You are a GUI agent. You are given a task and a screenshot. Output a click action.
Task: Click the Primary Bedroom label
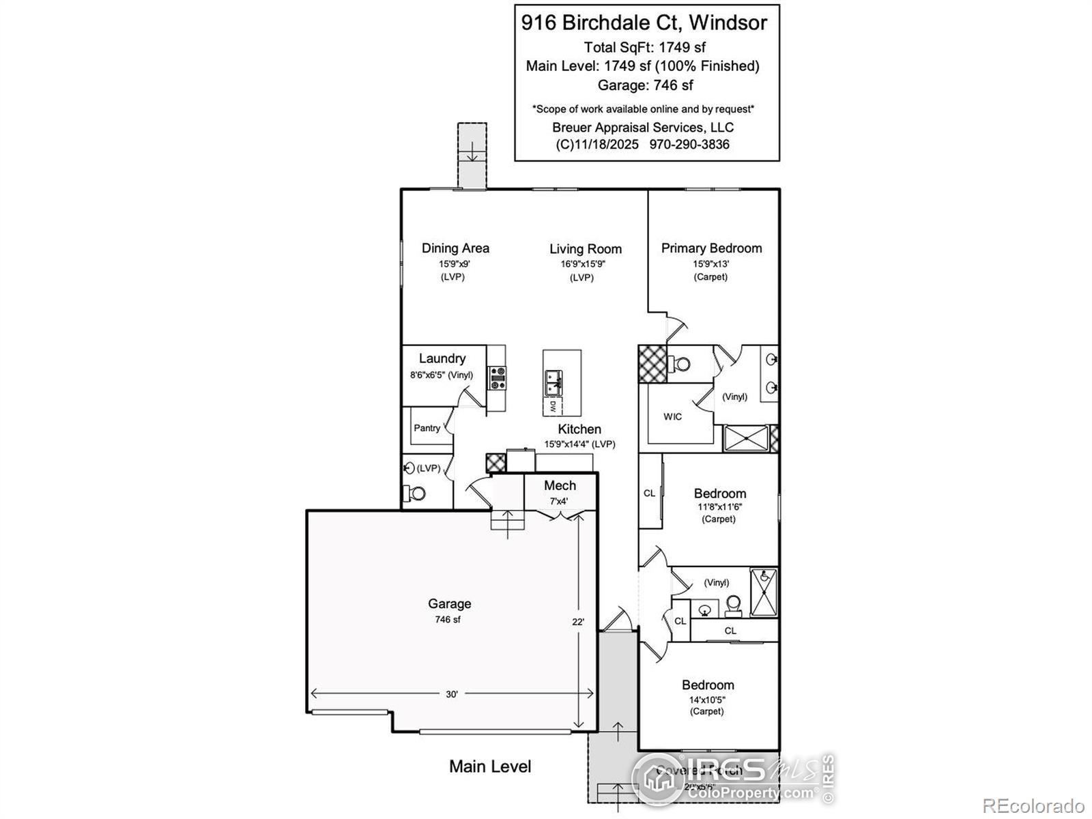pos(711,248)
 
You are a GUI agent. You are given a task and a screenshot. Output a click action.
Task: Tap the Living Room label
pos(586,249)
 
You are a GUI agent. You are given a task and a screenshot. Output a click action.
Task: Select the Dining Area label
pos(455,248)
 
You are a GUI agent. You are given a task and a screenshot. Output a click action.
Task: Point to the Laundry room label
pos(442,358)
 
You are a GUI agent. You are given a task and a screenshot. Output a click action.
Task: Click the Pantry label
pos(427,428)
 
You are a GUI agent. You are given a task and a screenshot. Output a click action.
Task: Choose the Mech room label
pos(560,486)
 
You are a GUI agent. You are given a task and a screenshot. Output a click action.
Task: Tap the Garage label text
pos(449,603)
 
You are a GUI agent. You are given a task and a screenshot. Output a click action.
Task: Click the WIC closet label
pos(672,416)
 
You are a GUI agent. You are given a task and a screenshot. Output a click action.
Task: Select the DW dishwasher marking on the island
pos(552,406)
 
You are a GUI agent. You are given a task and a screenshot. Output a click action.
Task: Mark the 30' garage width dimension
pos(452,694)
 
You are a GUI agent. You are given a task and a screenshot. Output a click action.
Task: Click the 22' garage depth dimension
pos(578,622)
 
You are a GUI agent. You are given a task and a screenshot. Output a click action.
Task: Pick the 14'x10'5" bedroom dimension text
pos(707,700)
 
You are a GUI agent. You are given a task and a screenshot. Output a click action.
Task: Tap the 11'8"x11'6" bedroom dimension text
pos(719,507)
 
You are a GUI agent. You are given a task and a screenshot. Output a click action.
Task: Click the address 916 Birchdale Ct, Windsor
pos(644,23)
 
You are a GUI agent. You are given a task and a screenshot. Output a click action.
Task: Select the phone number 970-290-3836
pos(689,145)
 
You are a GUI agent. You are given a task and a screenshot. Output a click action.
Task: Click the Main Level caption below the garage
pos(490,766)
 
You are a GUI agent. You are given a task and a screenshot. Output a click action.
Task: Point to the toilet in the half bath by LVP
pos(415,493)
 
